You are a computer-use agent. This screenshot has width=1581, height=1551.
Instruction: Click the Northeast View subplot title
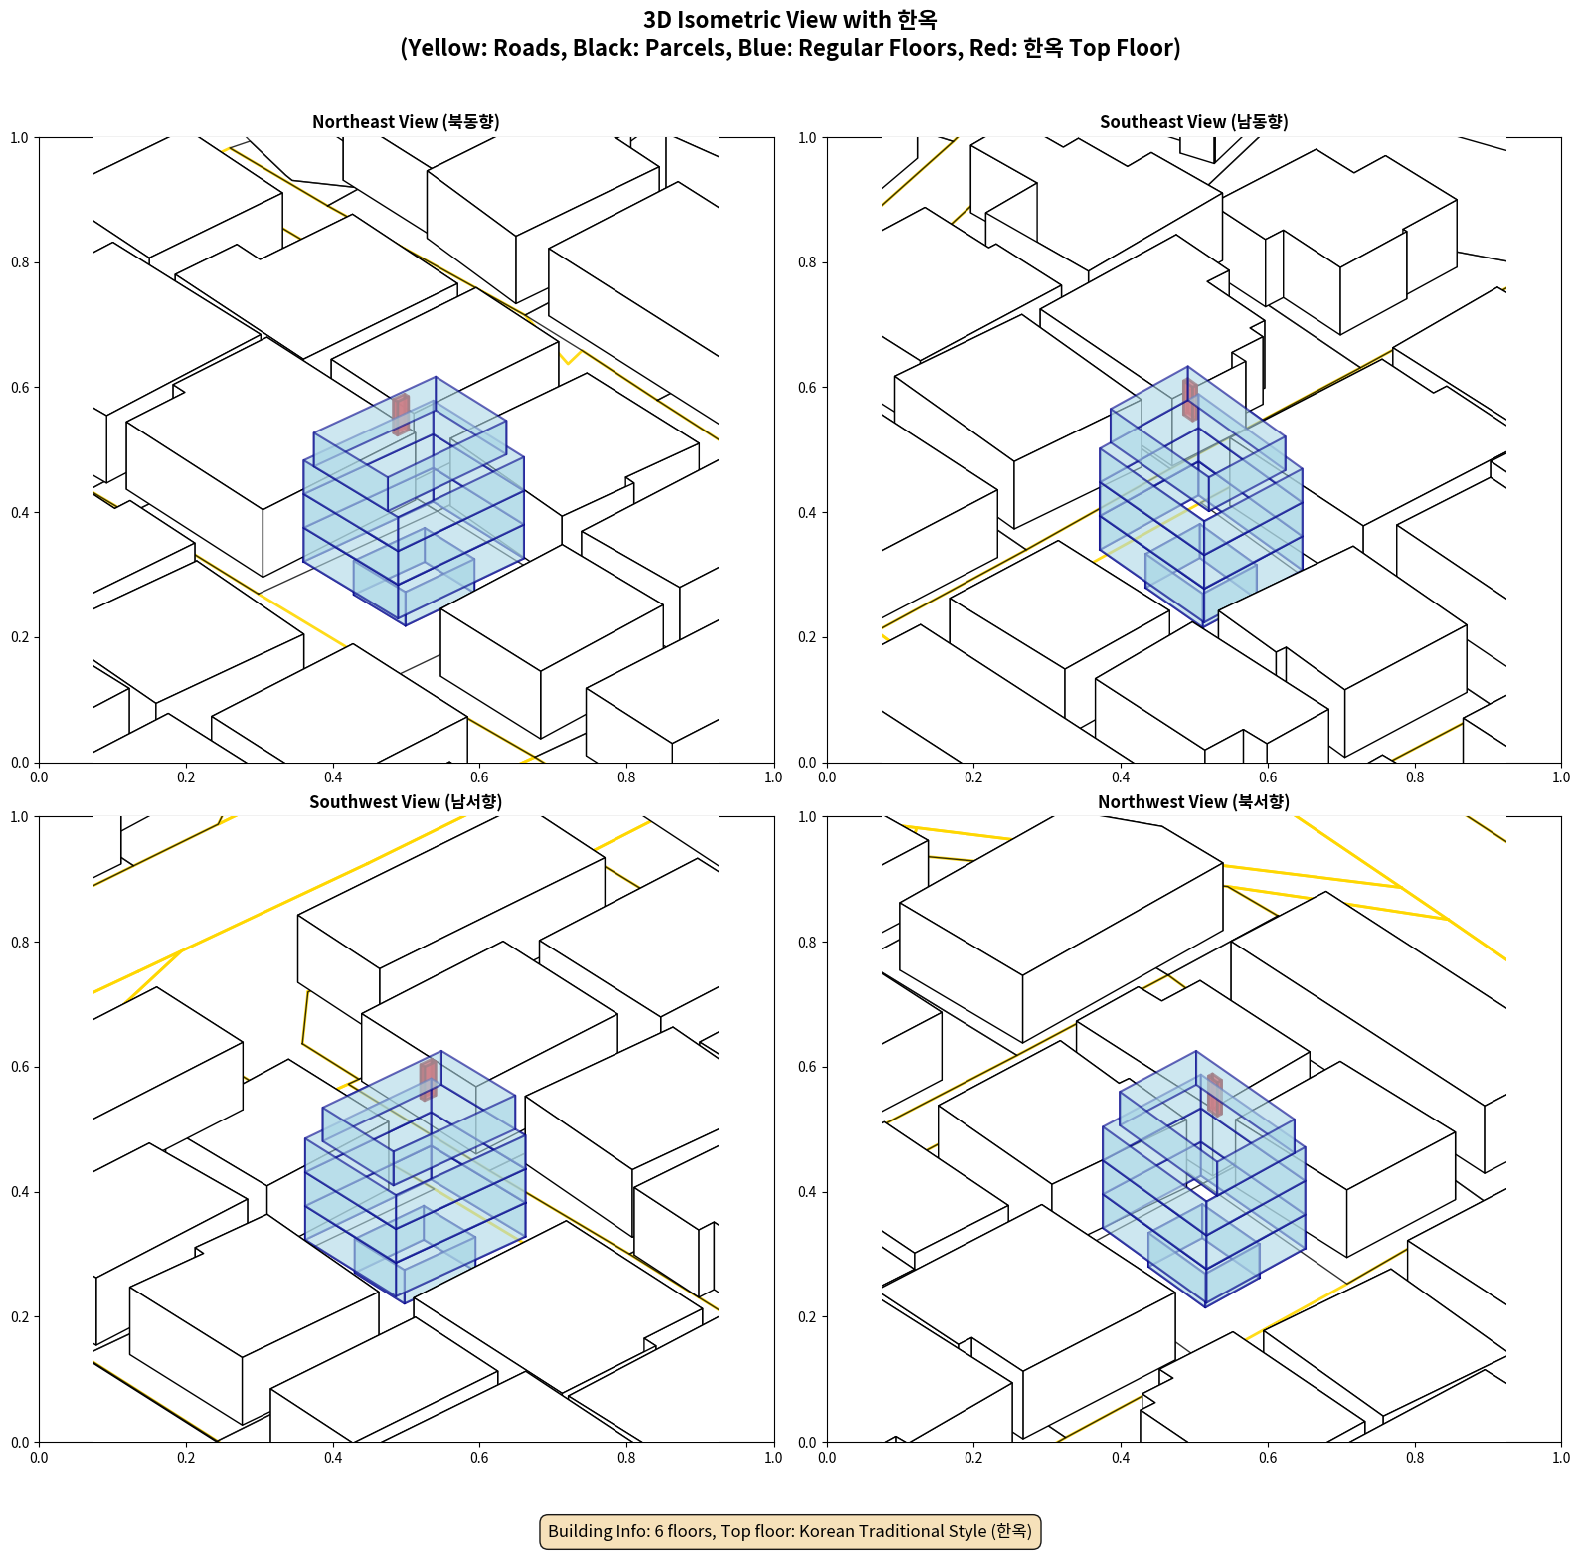(x=406, y=121)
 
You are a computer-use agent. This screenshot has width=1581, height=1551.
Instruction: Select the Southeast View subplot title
(x=1193, y=121)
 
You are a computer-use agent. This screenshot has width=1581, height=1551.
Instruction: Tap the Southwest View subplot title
(x=406, y=801)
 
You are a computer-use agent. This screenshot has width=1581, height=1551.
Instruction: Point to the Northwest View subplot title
(x=1193, y=801)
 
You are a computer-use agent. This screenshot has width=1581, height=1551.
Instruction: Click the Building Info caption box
(x=790, y=1531)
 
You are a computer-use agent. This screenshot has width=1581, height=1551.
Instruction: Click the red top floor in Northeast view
(x=401, y=415)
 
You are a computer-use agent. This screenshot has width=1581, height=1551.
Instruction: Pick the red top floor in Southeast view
(x=1190, y=400)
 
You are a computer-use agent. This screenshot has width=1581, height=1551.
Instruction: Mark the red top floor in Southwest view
(x=429, y=1080)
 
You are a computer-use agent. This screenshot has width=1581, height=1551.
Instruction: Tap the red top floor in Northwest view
(x=1215, y=1095)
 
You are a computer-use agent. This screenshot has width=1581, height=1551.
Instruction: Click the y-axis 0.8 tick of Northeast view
(x=20, y=262)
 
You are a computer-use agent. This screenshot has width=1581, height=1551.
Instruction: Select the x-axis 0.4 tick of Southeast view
(x=1121, y=776)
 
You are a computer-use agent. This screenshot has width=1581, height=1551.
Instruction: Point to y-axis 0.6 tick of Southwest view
(x=20, y=1067)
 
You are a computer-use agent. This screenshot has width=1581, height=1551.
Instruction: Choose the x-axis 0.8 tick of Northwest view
(x=1415, y=1457)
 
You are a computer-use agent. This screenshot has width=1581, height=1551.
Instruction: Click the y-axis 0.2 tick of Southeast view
(x=807, y=637)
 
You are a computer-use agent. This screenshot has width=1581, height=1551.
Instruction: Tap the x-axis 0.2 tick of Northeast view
(x=186, y=776)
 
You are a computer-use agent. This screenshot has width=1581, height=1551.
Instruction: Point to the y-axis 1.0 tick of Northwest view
(x=807, y=817)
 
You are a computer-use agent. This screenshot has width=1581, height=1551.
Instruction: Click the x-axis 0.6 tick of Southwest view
(x=479, y=1457)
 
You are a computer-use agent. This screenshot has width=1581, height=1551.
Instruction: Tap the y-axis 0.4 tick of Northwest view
(x=807, y=1192)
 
